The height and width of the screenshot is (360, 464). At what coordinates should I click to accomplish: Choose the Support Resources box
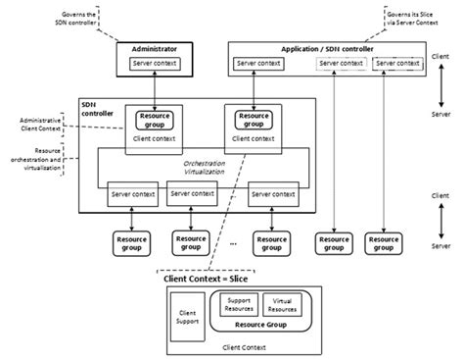coord(239,305)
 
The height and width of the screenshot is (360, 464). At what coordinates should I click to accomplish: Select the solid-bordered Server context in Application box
coord(258,65)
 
